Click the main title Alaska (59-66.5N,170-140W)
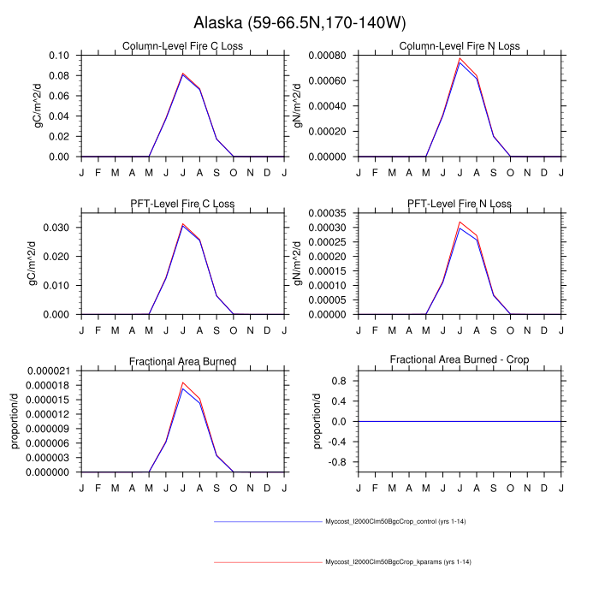(x=299, y=21)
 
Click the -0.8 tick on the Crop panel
(x=339, y=462)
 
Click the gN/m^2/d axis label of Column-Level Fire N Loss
(x=298, y=106)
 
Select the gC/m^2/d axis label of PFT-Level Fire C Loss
(x=33, y=264)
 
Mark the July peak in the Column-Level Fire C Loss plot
(x=182, y=74)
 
